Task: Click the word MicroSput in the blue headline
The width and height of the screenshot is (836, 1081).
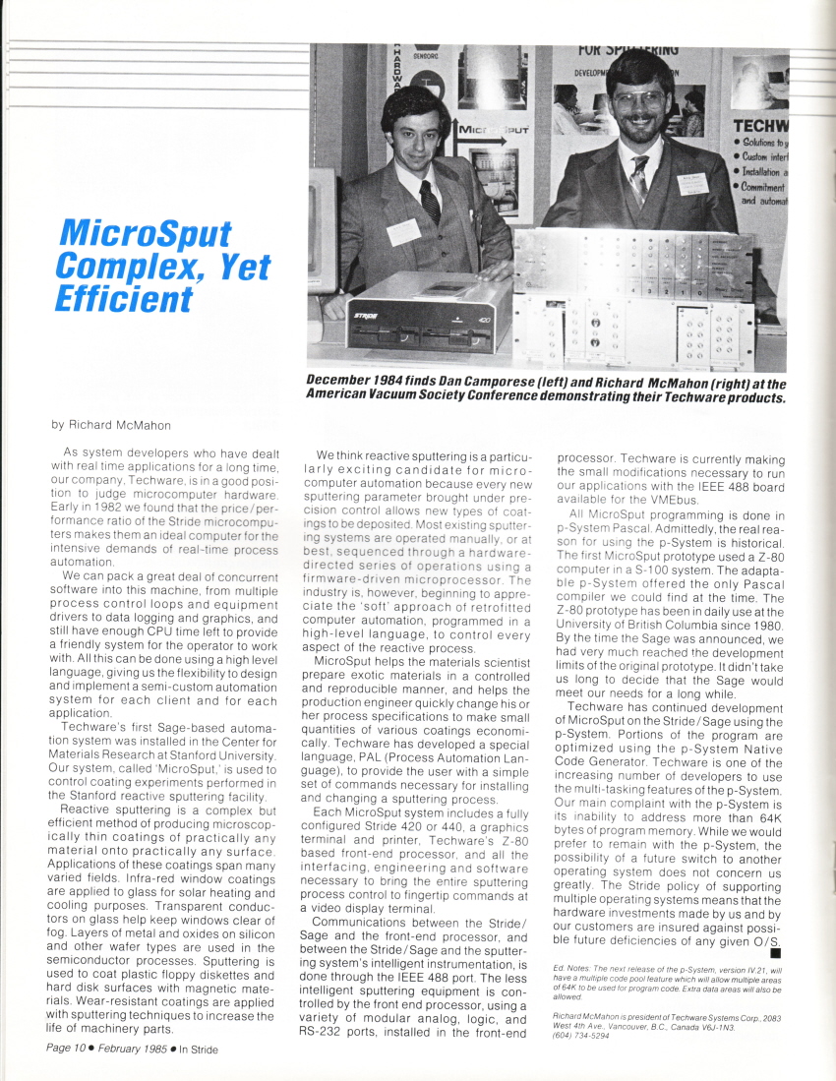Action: [145, 233]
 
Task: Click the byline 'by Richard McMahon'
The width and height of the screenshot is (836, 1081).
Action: [110, 425]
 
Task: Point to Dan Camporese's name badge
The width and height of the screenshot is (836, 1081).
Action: [403, 231]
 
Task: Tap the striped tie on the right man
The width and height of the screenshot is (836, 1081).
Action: [639, 180]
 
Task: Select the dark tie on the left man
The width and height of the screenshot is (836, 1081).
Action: [430, 202]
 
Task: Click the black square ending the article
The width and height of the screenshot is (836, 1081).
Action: [776, 952]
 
